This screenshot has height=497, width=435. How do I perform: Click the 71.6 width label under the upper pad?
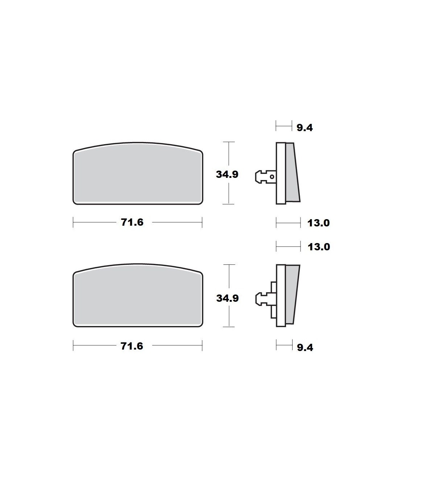tap(132, 222)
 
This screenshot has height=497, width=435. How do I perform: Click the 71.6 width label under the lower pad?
tap(132, 346)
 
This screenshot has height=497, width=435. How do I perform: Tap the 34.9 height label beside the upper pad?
tap(227, 174)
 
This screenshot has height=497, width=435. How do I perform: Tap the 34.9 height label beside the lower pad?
tap(227, 298)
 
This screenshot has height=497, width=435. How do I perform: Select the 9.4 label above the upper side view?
tap(305, 128)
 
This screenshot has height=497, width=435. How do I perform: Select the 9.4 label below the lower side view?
tap(305, 348)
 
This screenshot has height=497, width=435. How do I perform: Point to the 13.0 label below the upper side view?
tap(319, 223)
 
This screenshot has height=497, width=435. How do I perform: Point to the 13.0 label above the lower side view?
tap(319, 247)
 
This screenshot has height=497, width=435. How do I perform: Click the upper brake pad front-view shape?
tap(138, 174)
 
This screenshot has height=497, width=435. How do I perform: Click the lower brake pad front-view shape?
tap(138, 295)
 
